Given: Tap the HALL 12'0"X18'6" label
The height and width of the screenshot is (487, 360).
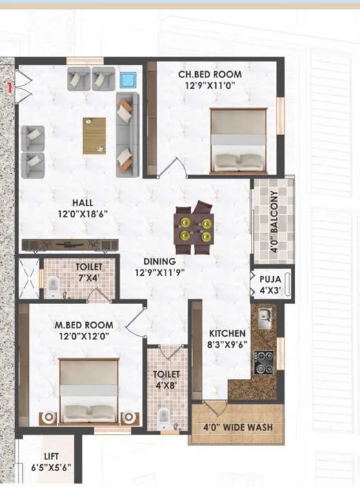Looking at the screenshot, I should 83,208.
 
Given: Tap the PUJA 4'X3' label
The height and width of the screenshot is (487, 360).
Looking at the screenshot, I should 270,284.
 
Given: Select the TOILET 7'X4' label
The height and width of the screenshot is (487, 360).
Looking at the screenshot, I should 88,271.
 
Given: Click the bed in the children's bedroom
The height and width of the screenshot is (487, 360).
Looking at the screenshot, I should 238,139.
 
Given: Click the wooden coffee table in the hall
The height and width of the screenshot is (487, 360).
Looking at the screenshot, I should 94,136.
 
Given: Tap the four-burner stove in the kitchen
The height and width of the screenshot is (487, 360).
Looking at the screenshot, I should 263,361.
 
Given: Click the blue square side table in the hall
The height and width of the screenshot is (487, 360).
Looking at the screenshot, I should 127,79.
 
